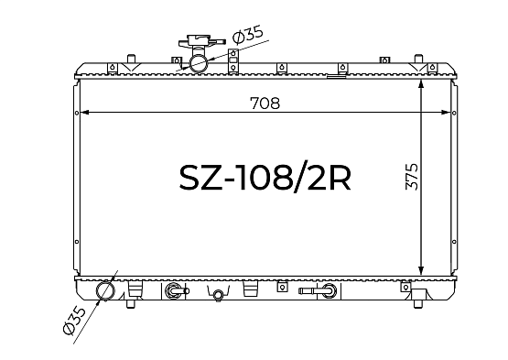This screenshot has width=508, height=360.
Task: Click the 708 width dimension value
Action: click(265, 104)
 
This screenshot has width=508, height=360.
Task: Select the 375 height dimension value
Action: click(412, 177)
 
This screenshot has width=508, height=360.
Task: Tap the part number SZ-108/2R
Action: click(265, 178)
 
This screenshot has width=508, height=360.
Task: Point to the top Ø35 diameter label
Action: click(248, 35)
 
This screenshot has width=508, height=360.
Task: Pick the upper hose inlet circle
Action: click(199, 63)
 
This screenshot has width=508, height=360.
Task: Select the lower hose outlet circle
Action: click(105, 290)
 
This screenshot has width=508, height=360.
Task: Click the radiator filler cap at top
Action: click(201, 41)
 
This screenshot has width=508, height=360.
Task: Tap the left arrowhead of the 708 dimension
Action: click(84, 113)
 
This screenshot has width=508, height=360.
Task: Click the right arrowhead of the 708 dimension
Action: click(446, 113)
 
